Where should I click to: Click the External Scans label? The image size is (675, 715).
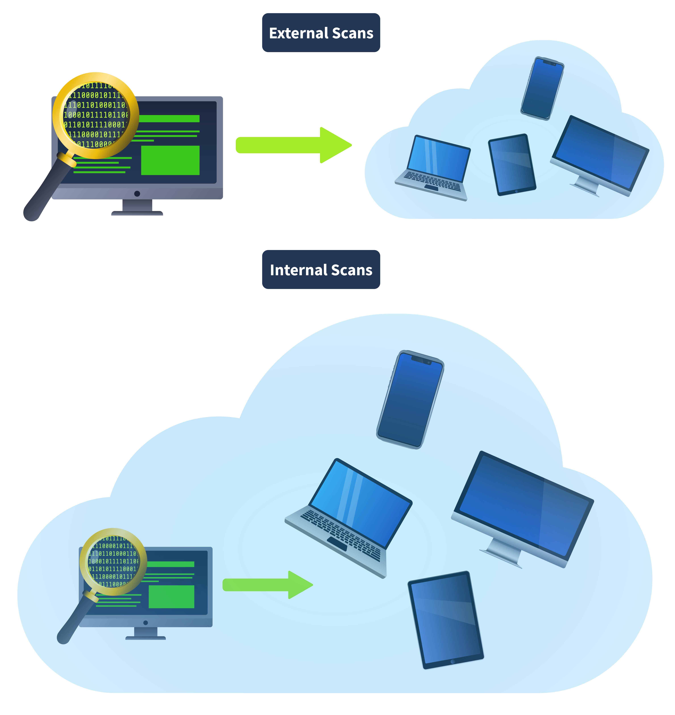click(321, 33)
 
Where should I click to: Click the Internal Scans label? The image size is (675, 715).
click(321, 270)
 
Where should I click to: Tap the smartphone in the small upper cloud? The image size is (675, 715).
click(542, 88)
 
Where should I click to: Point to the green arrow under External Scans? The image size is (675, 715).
click(293, 145)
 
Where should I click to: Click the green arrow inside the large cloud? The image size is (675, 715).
click(267, 585)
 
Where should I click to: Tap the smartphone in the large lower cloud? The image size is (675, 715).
click(410, 399)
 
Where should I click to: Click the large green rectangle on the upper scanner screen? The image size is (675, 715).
click(170, 160)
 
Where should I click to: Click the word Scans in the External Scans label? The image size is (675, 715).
click(353, 33)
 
